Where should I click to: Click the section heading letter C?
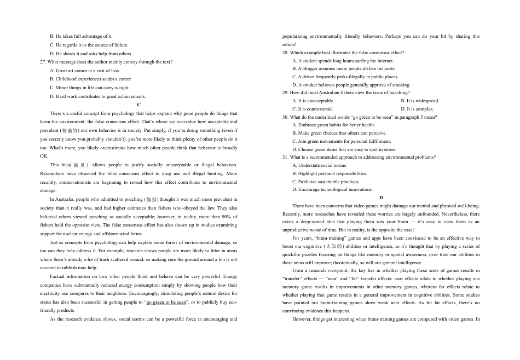(139, 104)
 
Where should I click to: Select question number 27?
(44, 62)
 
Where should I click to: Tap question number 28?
(285, 53)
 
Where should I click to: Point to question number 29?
(285, 93)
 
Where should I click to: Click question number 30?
(285, 117)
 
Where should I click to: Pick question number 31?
(285, 157)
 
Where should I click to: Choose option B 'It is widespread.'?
(420, 101)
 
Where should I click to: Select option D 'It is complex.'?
(417, 109)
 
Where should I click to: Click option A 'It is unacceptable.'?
(313, 101)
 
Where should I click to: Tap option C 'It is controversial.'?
(313, 109)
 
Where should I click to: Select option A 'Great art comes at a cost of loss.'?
(84, 71)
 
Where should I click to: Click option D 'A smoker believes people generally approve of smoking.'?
(351, 85)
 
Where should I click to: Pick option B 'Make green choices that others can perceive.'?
(339, 133)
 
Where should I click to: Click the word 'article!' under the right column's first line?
(289, 44)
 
